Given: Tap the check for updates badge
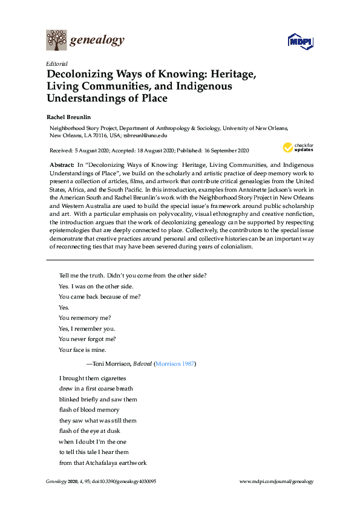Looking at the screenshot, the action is [298, 148].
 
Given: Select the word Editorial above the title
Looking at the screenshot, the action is [56, 63].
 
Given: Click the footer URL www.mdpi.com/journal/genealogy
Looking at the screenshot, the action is [277, 482].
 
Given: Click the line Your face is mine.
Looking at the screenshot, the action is [82, 349].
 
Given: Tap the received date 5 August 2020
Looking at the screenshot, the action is [87, 151].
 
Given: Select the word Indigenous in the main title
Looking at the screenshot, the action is [199, 86].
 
